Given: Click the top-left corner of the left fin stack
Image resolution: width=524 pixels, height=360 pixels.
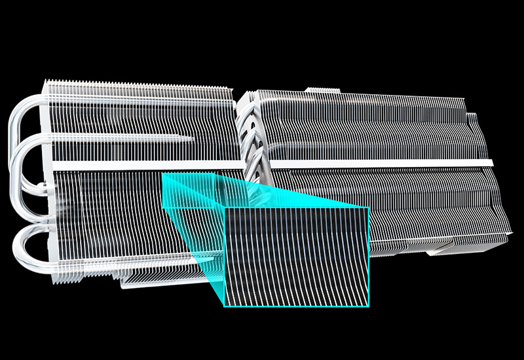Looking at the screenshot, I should click(45, 82).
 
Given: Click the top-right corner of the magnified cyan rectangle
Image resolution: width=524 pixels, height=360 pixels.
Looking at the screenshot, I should click(369, 209).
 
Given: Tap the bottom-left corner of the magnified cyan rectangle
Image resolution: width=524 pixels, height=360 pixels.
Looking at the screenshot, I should click(225, 306).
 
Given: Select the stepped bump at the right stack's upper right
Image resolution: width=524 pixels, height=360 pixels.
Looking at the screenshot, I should click(473, 118).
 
